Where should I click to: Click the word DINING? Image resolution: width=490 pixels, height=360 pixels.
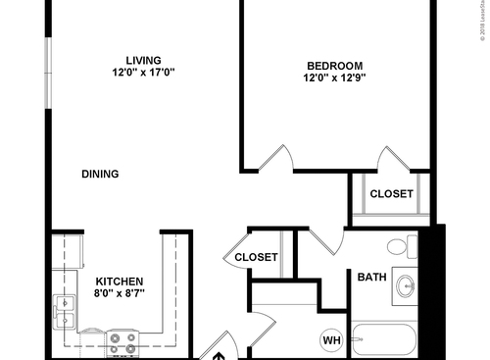pyautogui.click(x=100, y=175)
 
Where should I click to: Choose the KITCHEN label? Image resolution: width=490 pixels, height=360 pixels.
pyautogui.click(x=120, y=280)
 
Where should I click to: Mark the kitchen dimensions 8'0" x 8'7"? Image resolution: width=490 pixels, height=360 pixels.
pyautogui.click(x=120, y=292)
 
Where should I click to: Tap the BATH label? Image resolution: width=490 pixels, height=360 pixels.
pyautogui.click(x=371, y=278)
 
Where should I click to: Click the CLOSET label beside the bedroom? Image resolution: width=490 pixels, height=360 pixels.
pyautogui.click(x=391, y=194)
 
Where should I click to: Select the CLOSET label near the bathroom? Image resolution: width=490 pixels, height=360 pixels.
pyautogui.click(x=257, y=258)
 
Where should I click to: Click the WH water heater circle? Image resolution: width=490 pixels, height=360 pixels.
pyautogui.click(x=332, y=340)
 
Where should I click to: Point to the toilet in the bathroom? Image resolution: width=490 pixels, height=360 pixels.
pyautogui.click(x=400, y=245)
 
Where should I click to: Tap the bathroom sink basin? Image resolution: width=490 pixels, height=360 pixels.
pyautogui.click(x=405, y=285)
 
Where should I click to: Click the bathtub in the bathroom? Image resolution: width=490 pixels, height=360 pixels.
pyautogui.click(x=384, y=340)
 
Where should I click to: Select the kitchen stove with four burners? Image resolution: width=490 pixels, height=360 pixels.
pyautogui.click(x=122, y=343)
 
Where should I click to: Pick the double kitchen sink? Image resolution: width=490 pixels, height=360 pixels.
pyautogui.click(x=65, y=312)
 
